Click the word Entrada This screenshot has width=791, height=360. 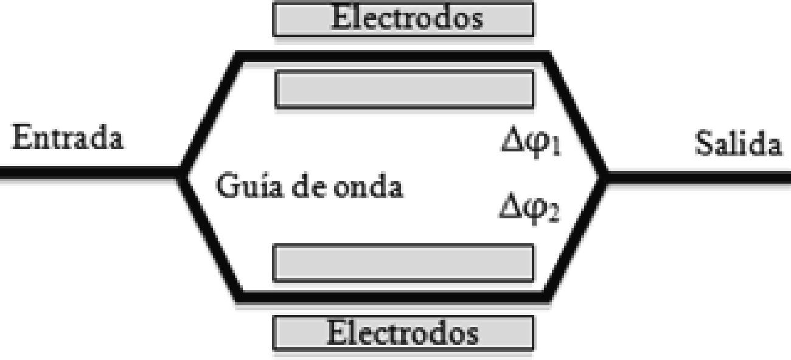pos(68,139)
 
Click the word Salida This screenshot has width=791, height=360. pos(738,145)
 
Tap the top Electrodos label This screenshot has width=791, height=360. pos(406,18)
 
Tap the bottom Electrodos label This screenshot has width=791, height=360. pos(403,333)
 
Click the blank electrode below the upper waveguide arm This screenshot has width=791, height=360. pos(405,89)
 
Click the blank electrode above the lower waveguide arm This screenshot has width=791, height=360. pos(403,263)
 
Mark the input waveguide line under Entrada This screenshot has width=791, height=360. pos(85,173)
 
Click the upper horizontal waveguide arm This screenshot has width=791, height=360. pos(392,57)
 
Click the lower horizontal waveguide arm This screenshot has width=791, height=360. pos(392,297)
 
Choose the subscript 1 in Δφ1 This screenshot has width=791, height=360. pos(555,150)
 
